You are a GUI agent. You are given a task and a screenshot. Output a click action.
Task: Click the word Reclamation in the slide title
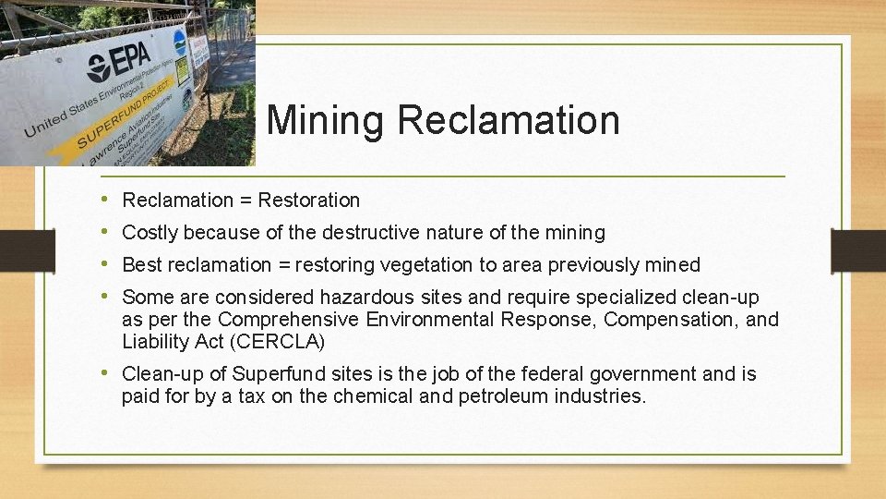point(509,121)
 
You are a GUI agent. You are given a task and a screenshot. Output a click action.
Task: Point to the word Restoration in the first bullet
point(309,201)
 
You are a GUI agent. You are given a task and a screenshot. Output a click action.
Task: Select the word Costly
point(150,233)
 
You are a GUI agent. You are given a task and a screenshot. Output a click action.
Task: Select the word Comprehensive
point(289,320)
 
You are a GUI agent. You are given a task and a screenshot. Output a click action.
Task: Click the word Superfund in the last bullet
point(274,374)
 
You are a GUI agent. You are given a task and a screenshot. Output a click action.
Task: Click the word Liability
point(155,342)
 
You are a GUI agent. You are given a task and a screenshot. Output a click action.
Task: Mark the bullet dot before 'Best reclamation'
point(107,265)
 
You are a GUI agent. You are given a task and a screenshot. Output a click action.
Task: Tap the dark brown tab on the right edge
point(857,250)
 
